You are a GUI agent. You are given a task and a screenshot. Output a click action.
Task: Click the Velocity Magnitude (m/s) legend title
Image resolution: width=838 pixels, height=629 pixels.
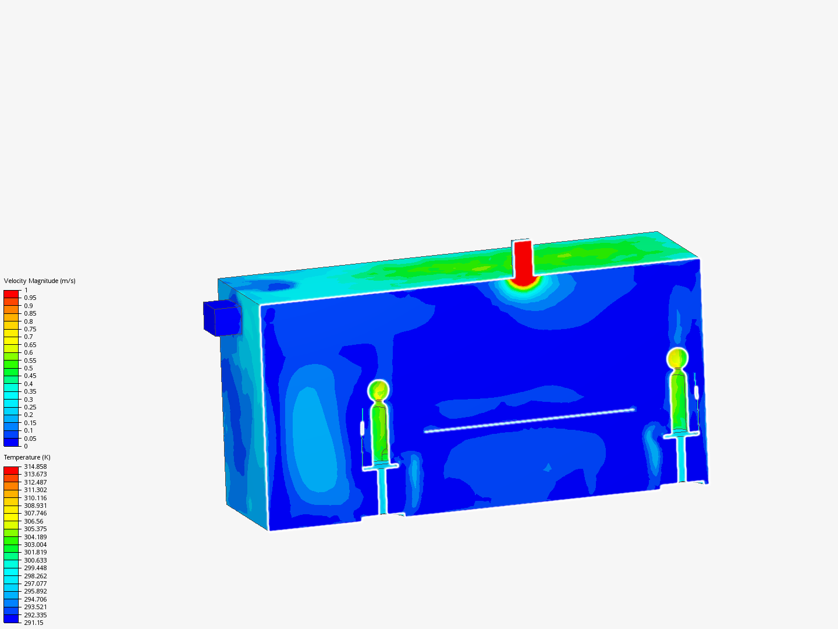tap(40, 281)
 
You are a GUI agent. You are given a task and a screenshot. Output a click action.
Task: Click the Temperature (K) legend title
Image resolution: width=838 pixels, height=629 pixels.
tap(27, 457)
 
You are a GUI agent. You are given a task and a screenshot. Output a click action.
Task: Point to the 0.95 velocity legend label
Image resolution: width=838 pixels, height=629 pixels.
tap(30, 298)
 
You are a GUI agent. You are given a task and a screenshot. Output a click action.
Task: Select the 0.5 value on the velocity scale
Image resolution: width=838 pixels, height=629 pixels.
tap(29, 368)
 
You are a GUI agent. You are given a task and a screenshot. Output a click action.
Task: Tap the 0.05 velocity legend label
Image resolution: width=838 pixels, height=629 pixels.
tap(30, 439)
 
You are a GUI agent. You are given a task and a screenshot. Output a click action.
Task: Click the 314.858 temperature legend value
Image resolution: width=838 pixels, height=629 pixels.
tap(35, 467)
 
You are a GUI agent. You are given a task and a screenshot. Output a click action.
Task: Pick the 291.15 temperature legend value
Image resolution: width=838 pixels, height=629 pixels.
tap(33, 623)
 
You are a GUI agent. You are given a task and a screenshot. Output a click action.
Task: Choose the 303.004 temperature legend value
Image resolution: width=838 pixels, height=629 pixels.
tap(35, 545)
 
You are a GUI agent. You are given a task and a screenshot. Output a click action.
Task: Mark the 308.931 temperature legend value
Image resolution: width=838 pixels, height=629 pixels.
tap(35, 506)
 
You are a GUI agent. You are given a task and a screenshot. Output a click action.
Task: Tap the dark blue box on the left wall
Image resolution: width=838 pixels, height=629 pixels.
tap(222, 319)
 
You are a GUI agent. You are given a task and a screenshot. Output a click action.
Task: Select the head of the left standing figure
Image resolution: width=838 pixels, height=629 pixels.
tap(378, 389)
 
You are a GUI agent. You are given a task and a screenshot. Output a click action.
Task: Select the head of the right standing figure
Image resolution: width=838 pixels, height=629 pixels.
tap(677, 358)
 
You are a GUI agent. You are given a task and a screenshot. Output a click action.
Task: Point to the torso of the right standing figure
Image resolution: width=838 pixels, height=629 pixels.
tap(678, 400)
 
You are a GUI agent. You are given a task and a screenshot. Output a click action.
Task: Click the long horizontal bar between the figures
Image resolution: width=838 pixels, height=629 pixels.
tap(530, 420)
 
